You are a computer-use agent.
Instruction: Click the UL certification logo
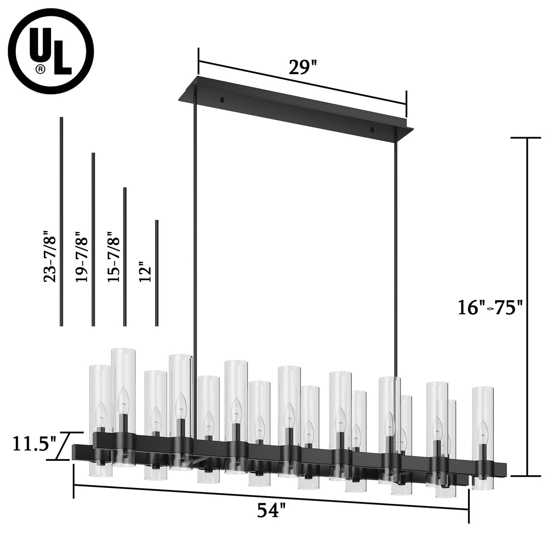[55, 54]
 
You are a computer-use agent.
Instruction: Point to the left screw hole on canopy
[222, 100]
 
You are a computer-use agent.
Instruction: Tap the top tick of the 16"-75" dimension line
[527, 137]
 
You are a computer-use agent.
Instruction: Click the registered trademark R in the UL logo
[41, 69]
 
